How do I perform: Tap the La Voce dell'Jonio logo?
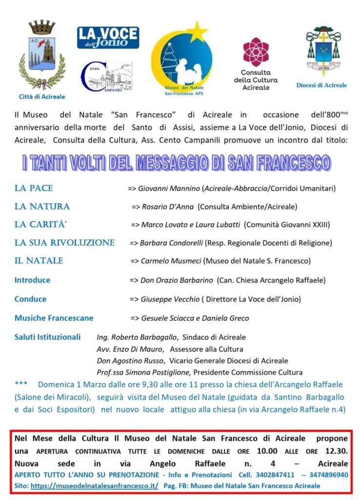(108, 38)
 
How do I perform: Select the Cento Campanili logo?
(106, 78)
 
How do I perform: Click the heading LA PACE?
(34, 188)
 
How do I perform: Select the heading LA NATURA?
(42, 207)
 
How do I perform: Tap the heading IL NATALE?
(39, 261)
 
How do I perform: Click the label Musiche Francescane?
(54, 318)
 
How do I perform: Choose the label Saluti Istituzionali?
(47, 337)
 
